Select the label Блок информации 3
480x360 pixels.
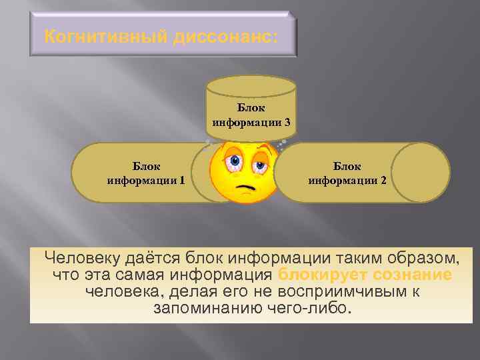251,115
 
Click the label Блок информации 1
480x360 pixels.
145,173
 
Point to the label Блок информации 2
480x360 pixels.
347,173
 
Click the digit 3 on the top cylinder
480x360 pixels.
286,122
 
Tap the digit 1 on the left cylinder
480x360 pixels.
182,180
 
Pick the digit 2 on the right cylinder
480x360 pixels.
383,180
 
